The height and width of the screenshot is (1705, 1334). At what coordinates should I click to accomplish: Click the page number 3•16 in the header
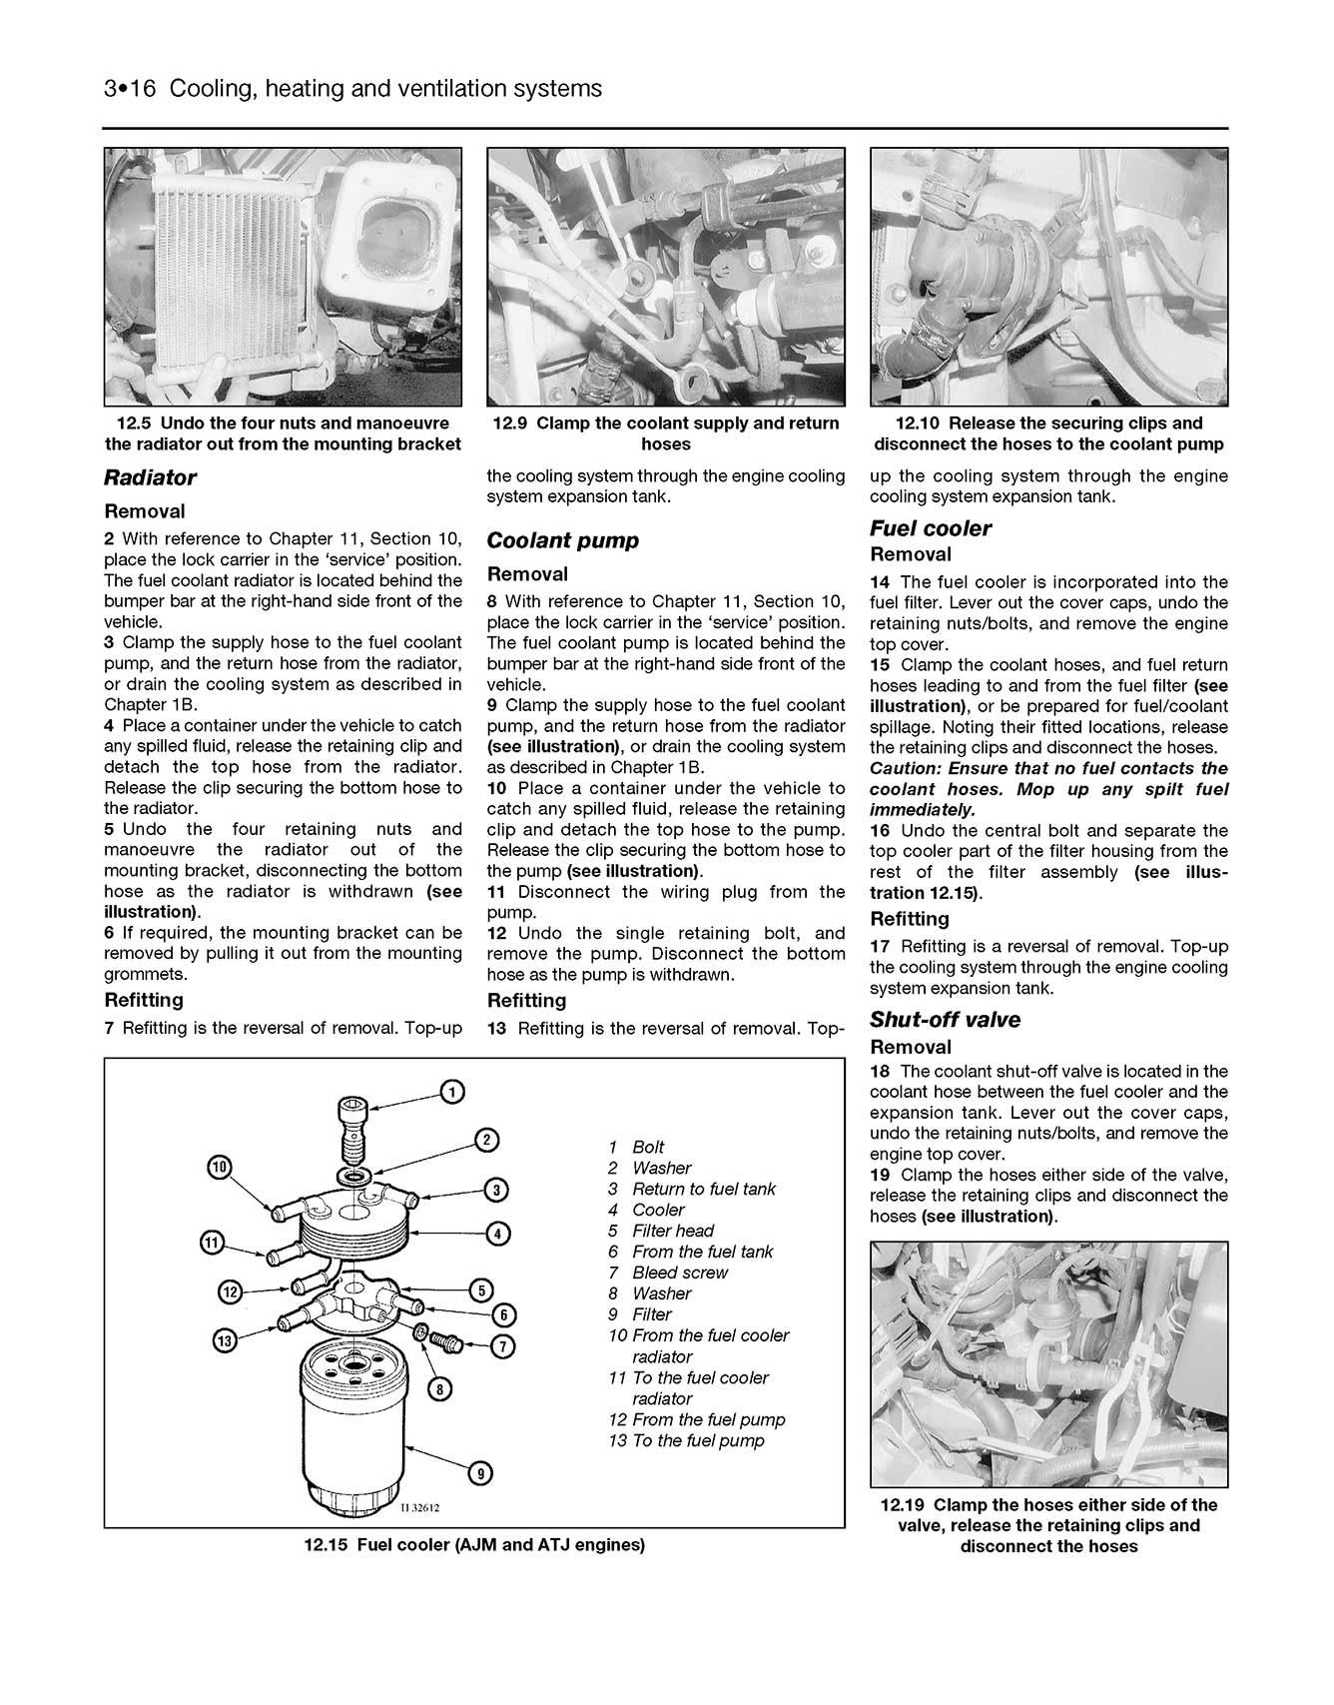[130, 89]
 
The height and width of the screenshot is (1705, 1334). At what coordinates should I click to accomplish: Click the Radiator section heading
[150, 477]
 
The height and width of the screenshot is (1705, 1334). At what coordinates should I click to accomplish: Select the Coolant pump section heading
[562, 540]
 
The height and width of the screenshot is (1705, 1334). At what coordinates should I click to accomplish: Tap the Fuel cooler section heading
[930, 528]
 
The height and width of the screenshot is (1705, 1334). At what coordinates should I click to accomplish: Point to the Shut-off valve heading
[945, 1020]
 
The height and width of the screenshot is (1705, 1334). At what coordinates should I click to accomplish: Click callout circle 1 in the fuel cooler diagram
[451, 1093]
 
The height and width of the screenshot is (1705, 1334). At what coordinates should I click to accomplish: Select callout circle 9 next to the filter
[480, 1472]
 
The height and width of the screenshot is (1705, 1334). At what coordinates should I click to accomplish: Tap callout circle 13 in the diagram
[226, 1339]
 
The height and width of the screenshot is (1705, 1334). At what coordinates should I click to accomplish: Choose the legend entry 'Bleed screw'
[680, 1273]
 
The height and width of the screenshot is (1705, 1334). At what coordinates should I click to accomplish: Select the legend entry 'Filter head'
[673, 1231]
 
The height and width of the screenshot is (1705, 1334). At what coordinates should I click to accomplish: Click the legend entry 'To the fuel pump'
[698, 1440]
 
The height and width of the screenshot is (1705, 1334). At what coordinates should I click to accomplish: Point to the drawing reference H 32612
[419, 1508]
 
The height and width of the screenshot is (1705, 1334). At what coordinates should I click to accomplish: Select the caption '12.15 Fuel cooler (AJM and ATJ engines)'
[474, 1545]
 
